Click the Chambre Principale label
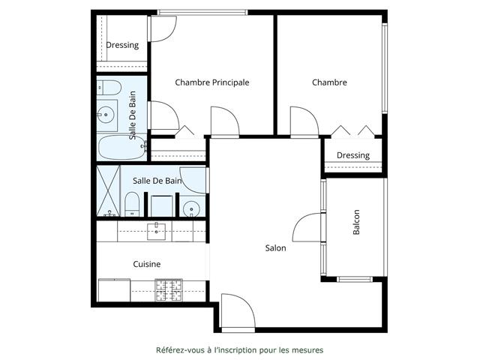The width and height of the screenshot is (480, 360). point(211,82)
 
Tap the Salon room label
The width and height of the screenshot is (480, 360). point(275,248)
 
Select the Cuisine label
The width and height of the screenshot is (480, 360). point(147,264)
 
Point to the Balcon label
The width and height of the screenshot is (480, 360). point(356,222)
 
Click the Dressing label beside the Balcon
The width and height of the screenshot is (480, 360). point(353,155)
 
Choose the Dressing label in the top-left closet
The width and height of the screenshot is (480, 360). point(122,45)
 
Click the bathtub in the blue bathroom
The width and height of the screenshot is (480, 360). point(122,148)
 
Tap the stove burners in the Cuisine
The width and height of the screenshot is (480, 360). point(169,289)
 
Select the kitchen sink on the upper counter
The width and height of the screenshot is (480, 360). point(156,232)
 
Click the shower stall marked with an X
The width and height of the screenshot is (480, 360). point(108,190)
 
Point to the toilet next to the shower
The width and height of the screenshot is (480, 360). point(132,204)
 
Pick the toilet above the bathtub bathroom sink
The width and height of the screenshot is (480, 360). point(109,88)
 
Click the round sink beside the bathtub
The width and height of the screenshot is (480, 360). point(106,115)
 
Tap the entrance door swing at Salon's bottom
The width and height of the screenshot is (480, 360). point(238,310)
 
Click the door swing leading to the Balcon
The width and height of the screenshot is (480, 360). point(307,227)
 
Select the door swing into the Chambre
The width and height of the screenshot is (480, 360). point(304,121)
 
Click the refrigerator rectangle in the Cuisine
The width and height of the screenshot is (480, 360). point(114,290)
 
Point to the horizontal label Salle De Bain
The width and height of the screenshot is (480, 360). point(157,181)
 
